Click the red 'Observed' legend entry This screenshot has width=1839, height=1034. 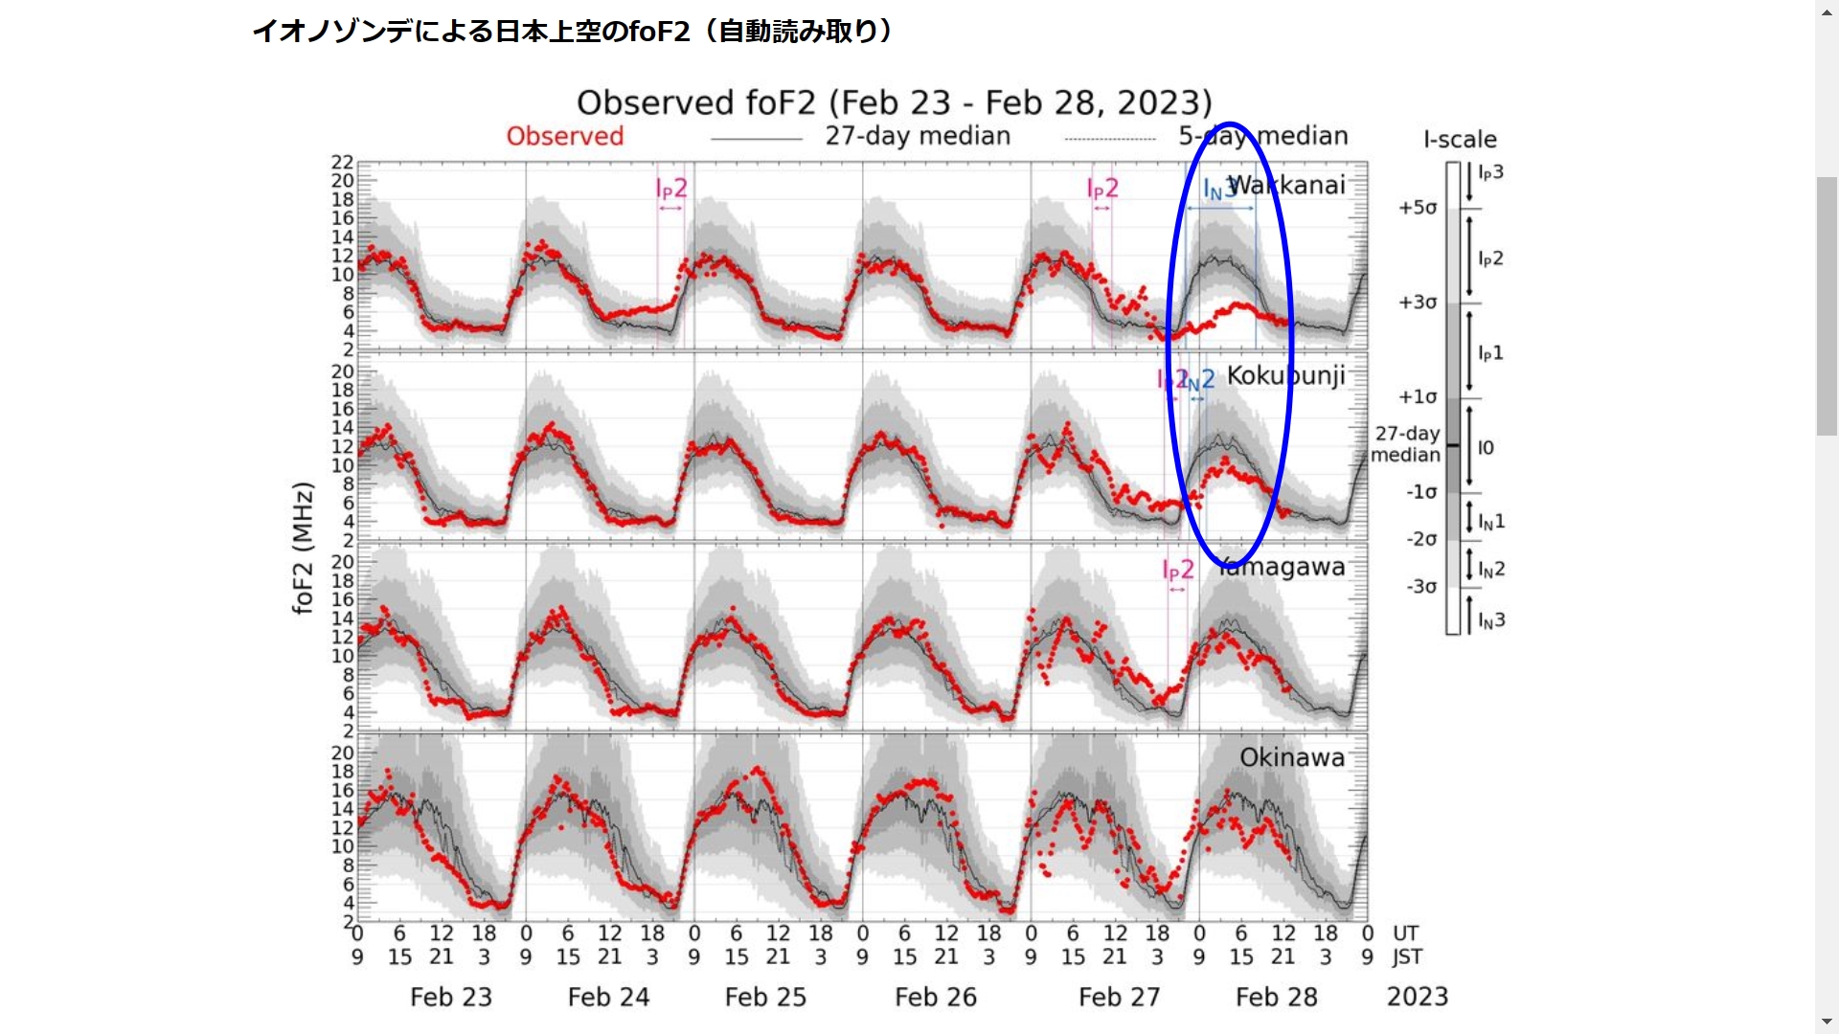pos(564,136)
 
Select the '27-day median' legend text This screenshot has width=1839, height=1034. pos(918,136)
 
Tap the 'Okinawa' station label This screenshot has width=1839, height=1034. pos(1291,757)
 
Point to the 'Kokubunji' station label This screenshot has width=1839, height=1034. pos(1285,375)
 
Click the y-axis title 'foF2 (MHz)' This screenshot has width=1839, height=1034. pos(303,548)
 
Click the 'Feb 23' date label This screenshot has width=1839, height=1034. pos(450,997)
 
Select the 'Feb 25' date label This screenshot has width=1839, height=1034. pos(765,997)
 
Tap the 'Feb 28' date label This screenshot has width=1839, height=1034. pos(1276,997)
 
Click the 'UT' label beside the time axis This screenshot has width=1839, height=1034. pos(1405,933)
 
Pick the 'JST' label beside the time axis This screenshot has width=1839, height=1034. pos(1407,956)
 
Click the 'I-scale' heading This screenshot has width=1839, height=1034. pos(1460,140)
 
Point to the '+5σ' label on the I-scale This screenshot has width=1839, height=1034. pos(1418,208)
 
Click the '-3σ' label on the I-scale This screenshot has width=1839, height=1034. pos(1421,587)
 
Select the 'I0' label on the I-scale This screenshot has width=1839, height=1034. pos(1486,447)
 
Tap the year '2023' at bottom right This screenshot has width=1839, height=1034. pos(1417,997)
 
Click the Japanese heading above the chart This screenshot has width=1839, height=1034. pos(573,32)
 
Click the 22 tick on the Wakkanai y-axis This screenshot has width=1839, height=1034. pos(342,163)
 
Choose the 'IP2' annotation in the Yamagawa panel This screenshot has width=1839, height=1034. pos(1178,571)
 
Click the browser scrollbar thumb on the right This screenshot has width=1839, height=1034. pos(1827,306)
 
